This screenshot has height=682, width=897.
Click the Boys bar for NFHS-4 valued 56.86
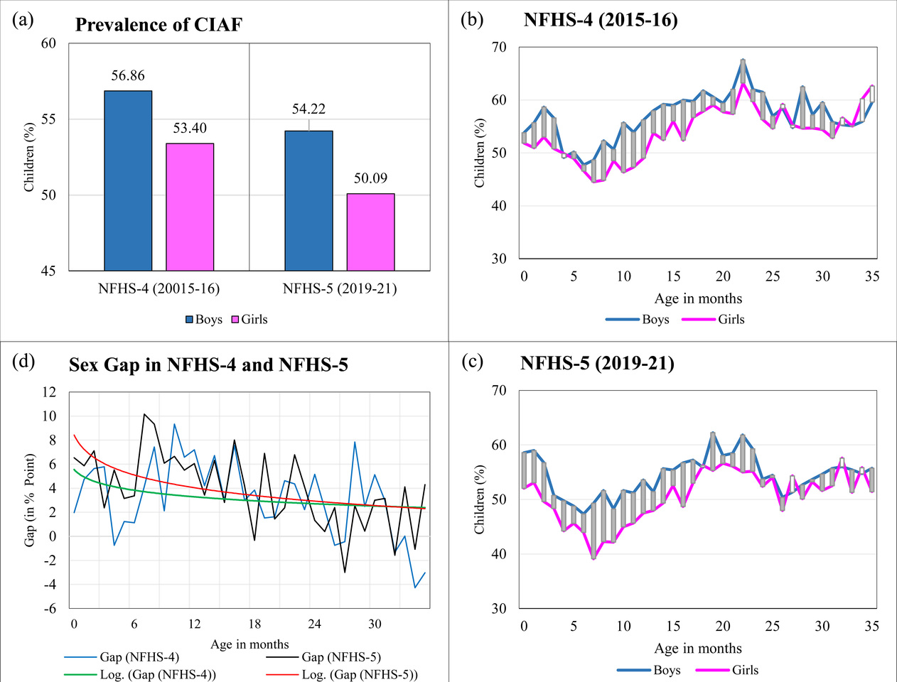point(128,180)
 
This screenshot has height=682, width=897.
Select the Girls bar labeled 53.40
point(190,207)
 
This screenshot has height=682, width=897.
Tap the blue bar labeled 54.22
point(308,200)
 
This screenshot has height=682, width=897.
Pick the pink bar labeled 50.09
point(370,232)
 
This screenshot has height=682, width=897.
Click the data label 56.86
point(128,76)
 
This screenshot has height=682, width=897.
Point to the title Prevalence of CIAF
point(159,25)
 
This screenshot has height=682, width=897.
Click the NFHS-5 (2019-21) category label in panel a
point(340,288)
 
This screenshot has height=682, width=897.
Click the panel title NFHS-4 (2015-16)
point(601,20)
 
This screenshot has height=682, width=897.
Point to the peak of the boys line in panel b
point(743,60)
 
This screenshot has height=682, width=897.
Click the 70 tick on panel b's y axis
point(499,48)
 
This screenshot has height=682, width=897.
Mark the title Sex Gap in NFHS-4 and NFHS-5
point(208,364)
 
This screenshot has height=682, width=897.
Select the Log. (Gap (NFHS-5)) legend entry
point(360,674)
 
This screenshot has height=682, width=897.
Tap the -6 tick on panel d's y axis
point(49,609)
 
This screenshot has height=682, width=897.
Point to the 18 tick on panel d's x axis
point(254,624)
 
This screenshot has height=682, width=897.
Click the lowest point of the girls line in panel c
point(593,558)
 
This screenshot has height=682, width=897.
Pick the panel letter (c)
point(473,361)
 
